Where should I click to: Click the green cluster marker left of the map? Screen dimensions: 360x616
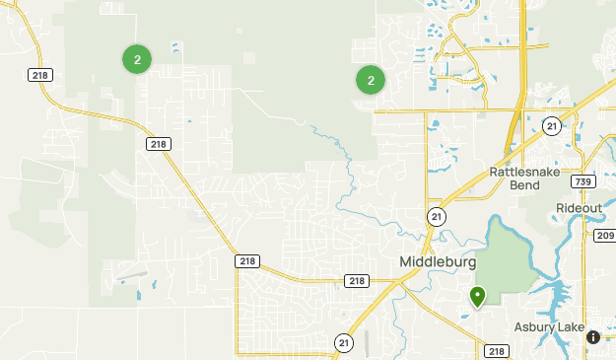[137, 59]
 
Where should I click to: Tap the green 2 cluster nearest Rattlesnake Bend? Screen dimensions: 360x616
[371, 80]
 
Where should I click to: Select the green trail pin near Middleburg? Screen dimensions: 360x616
[478, 296]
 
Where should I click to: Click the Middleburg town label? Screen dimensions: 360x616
[438, 263]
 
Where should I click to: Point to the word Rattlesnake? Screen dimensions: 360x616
[528, 172]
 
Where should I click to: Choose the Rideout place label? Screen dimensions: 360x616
[579, 208]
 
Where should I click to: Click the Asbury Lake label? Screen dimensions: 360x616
[549, 327]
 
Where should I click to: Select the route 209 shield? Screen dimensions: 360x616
[604, 236]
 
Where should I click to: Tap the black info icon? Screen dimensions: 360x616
[593, 337]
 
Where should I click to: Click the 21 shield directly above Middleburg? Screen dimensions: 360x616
[436, 216]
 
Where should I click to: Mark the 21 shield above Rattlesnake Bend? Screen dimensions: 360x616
[551, 126]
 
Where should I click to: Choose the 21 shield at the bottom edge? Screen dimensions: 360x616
[343, 342]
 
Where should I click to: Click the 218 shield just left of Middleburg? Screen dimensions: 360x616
[357, 281]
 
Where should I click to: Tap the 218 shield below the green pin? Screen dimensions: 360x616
[497, 351]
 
